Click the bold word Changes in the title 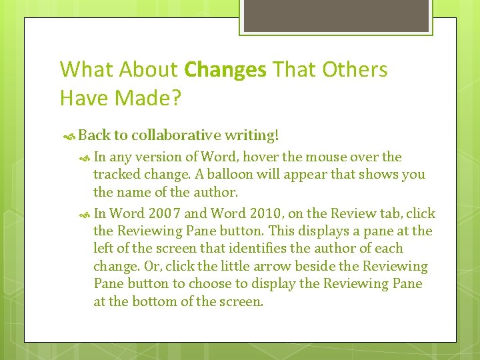225,69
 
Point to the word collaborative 177,135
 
